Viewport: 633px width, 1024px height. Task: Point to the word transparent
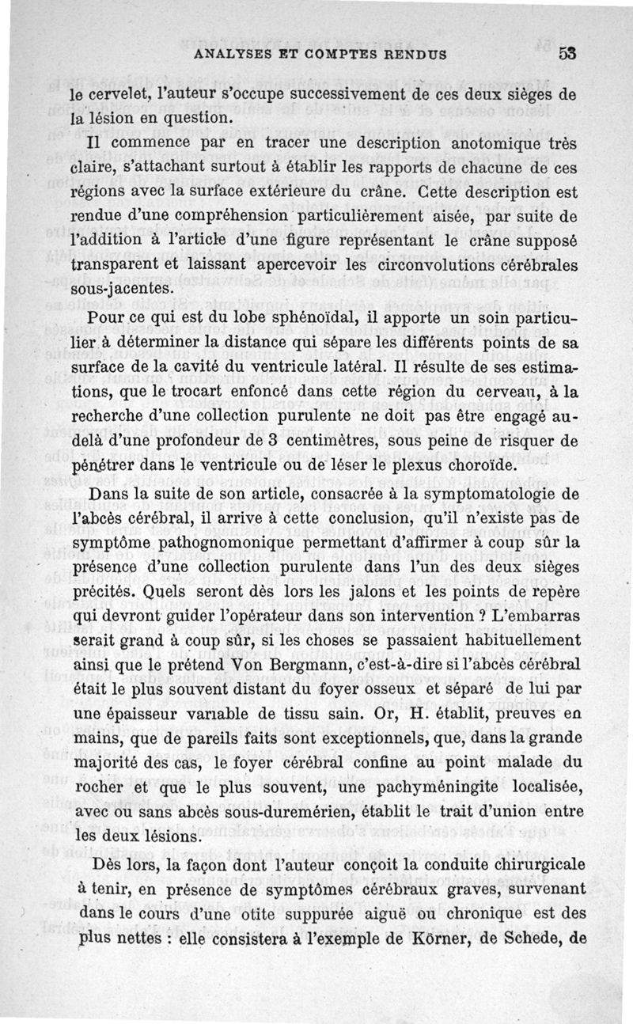pos(114,265)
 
